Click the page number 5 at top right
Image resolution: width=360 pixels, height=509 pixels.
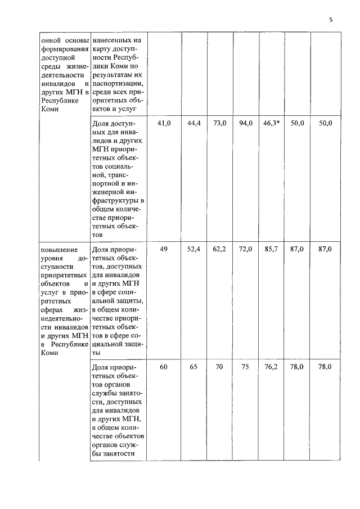(331, 21)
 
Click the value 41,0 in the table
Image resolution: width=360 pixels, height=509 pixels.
(164, 123)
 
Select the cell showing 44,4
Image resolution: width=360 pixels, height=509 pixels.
(194, 123)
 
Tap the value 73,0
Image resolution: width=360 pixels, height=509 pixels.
(219, 123)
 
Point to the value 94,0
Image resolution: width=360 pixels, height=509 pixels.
(246, 123)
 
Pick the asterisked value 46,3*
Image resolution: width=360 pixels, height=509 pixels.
(271, 123)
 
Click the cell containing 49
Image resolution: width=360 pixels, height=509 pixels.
(164, 249)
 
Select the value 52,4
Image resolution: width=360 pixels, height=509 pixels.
(194, 249)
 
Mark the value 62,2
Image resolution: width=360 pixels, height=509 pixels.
(219, 249)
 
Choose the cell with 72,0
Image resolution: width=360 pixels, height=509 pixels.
(246, 249)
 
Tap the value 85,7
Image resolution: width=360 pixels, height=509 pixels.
(271, 249)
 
